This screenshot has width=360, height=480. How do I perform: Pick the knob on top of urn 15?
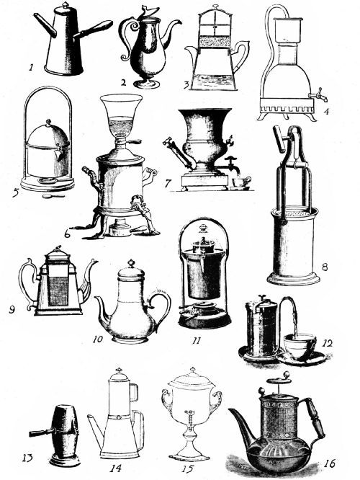click(x=192, y=372)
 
